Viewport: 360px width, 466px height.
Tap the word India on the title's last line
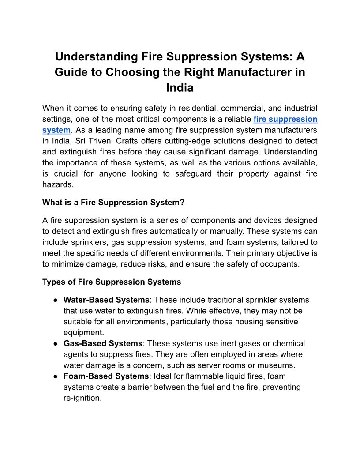180,88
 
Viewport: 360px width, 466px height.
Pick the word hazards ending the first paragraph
57,185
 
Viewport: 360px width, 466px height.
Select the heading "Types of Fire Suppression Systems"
112,282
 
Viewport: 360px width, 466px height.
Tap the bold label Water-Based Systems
106,300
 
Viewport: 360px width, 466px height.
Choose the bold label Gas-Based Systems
103,343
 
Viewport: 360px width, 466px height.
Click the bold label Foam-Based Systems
106,376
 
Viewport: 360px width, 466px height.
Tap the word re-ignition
82,398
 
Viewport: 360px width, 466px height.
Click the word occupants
281,264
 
